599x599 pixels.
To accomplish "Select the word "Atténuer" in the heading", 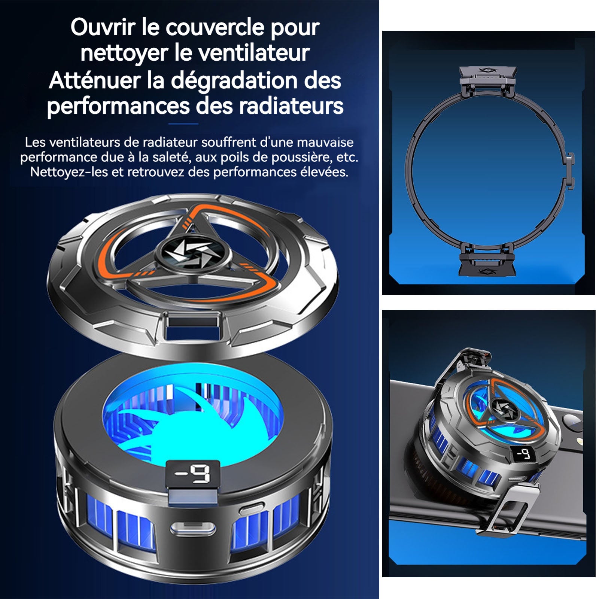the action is [95, 80].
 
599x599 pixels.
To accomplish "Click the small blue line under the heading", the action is [183, 124].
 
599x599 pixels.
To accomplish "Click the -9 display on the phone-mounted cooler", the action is [524, 454].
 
